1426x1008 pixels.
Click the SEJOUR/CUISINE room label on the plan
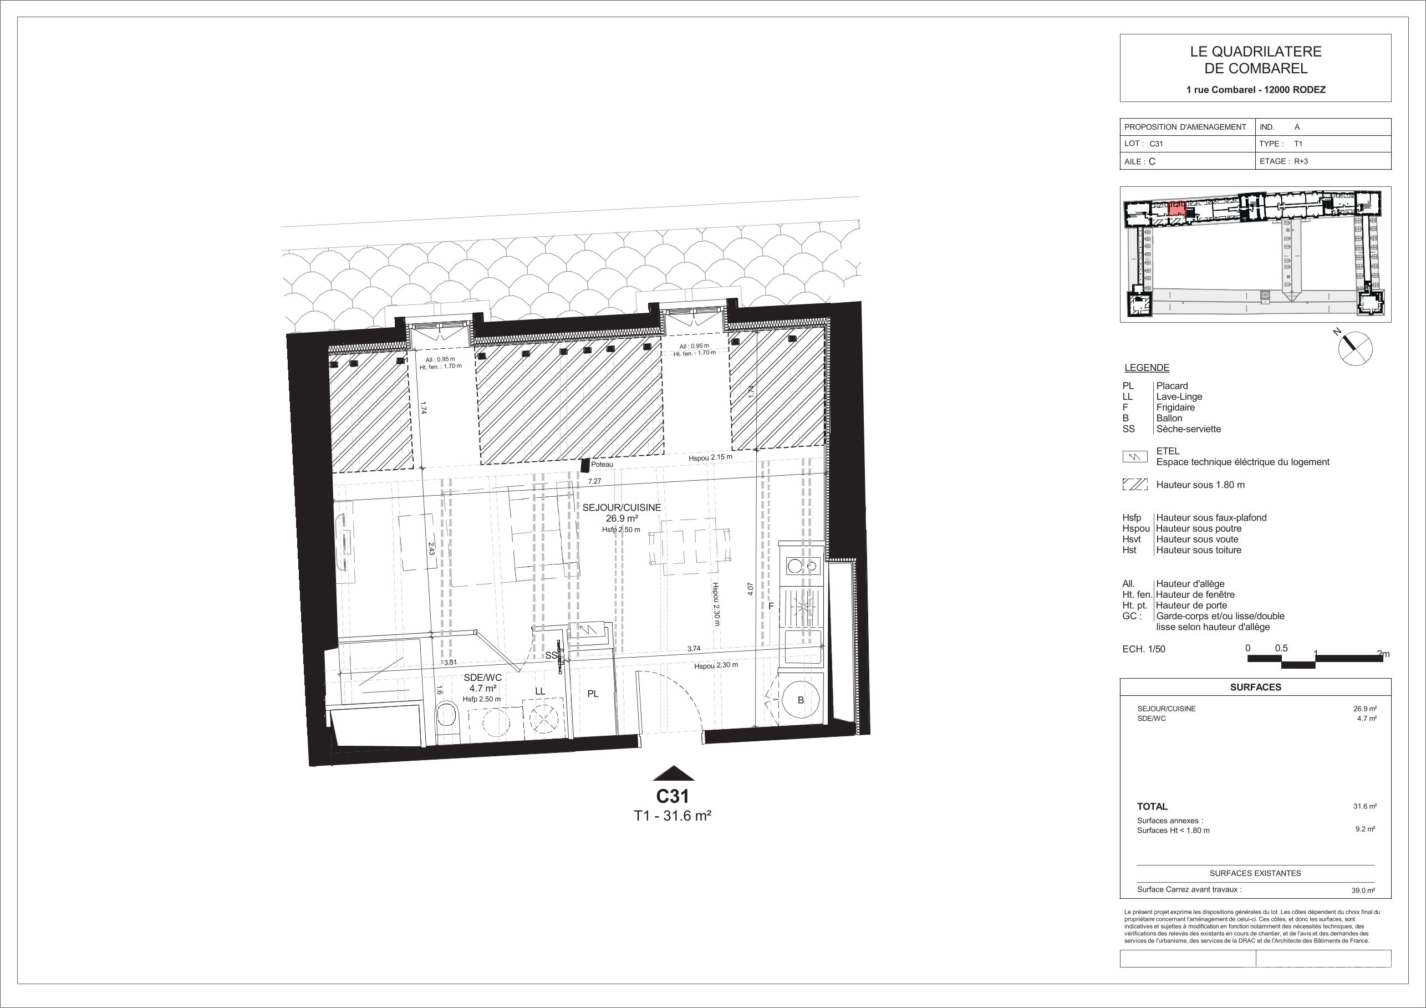pos(621,507)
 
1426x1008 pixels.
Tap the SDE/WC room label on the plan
pos(482,678)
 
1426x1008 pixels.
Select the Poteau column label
pos(602,465)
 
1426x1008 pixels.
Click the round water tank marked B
pos(801,700)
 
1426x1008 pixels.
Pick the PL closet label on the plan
pos(593,694)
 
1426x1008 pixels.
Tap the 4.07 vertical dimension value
pos(751,589)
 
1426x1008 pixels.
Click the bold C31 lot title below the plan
pos(673,796)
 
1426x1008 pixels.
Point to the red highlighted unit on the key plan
pos(1176,207)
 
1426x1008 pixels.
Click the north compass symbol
pos(1354,347)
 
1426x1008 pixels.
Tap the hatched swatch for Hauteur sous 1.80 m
pos(1135,485)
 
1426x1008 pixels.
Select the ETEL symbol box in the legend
pos(1135,457)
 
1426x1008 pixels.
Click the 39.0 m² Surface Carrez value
pos(1363,890)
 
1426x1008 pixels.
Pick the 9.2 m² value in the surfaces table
pos(1365,828)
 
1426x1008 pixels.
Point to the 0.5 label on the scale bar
pos(1281,648)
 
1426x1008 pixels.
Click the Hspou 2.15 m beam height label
pos(711,457)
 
